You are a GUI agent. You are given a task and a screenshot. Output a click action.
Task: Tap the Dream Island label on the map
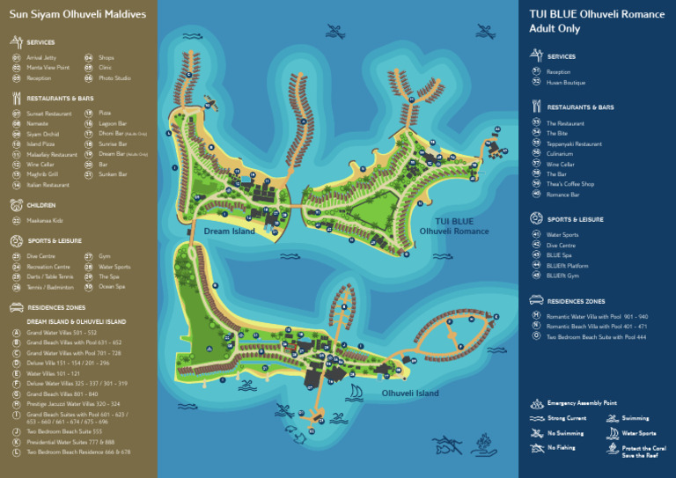229,231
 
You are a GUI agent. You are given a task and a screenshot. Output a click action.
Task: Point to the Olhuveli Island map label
409,393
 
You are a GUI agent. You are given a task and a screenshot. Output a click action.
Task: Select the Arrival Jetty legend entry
40,57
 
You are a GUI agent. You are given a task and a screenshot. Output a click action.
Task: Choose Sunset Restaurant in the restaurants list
48,114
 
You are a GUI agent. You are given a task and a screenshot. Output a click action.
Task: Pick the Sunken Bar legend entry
113,174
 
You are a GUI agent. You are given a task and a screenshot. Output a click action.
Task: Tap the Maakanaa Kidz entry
45,219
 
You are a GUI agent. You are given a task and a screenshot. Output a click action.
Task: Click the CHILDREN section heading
40,204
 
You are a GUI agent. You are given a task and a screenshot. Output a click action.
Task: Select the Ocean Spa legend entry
112,286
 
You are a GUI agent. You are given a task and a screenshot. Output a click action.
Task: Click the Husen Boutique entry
565,82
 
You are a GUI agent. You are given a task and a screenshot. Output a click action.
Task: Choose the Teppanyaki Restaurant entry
574,143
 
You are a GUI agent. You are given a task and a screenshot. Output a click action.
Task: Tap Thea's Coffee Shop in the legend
570,184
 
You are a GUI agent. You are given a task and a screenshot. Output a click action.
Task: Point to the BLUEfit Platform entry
567,265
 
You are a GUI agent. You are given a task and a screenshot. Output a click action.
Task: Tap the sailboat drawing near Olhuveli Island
356,392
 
